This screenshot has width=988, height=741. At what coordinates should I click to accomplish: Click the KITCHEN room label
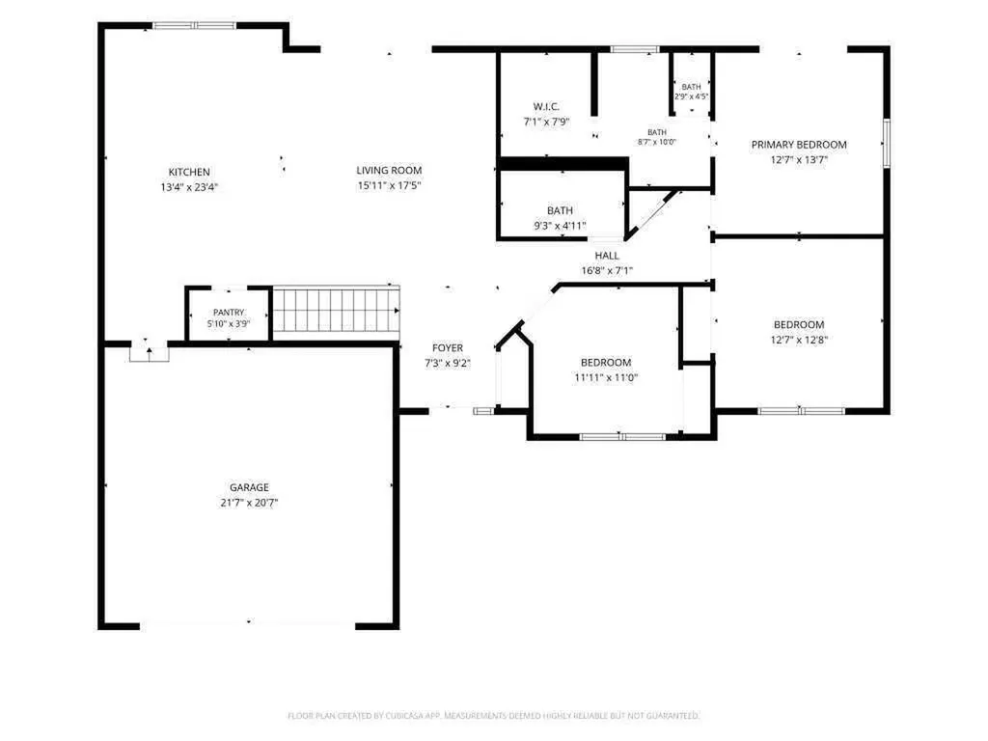coord(189,172)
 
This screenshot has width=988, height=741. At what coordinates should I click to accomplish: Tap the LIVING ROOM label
coord(389,170)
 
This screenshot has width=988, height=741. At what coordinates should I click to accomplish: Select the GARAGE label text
coord(249,487)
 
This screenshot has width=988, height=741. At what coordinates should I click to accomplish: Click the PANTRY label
coord(229,312)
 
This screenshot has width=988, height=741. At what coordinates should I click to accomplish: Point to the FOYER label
coord(448,347)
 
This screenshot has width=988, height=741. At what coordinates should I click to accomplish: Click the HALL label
coord(607,255)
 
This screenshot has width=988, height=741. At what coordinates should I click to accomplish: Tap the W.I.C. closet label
coord(546,106)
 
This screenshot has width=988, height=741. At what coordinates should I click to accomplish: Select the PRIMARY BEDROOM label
coord(799,145)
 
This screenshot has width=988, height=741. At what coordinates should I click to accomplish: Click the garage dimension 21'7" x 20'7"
coord(249,502)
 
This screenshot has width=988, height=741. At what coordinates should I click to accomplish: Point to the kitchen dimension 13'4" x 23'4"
coord(189,187)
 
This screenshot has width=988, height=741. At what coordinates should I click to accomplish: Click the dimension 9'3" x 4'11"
coord(561,226)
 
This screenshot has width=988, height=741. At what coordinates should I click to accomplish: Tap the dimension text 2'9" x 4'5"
coord(691,96)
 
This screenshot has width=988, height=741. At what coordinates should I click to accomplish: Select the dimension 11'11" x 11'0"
coord(606,377)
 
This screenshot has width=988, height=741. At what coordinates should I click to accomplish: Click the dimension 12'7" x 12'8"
coord(799,340)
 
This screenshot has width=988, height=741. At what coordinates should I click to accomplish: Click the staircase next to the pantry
coord(336,310)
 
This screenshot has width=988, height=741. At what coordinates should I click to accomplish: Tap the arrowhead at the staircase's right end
coord(397,311)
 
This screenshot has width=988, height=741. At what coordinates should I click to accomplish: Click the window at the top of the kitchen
coord(195,26)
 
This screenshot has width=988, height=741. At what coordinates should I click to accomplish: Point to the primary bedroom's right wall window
coord(886,143)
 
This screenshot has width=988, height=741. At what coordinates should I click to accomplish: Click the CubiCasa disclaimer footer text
coord(493,716)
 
